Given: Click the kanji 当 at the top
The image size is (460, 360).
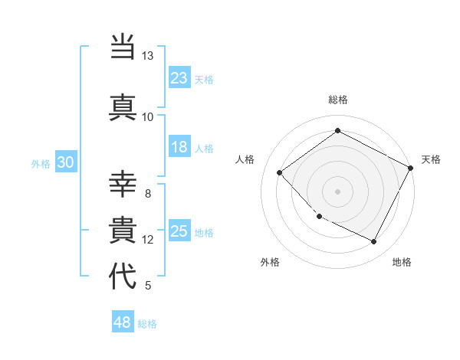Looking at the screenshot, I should (x=123, y=47).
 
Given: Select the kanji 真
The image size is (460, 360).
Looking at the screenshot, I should (x=123, y=107).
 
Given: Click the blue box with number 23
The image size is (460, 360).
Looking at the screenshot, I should (x=179, y=77).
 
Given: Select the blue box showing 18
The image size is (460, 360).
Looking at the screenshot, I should (x=179, y=148).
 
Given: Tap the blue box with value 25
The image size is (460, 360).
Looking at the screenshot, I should (x=179, y=231).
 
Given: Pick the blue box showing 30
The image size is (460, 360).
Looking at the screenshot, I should (x=65, y=162).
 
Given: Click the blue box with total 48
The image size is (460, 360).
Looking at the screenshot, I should (x=123, y=322).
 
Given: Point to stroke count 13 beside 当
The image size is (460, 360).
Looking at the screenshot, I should (x=147, y=57).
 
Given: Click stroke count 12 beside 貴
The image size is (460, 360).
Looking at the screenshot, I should (x=147, y=240).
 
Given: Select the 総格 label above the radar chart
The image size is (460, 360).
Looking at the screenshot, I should (x=337, y=100).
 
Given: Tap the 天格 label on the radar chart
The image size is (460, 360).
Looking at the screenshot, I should (x=431, y=159).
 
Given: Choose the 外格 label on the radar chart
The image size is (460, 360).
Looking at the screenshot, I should (x=270, y=262).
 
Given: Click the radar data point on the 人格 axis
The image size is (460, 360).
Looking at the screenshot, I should (x=280, y=172).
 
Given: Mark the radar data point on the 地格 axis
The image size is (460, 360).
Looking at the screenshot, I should (x=374, y=242).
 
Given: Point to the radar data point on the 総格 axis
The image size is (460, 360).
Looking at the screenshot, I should (x=337, y=131).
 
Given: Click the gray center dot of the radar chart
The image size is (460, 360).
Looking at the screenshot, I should (x=337, y=191).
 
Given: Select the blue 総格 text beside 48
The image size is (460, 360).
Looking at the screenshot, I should (x=147, y=324).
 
